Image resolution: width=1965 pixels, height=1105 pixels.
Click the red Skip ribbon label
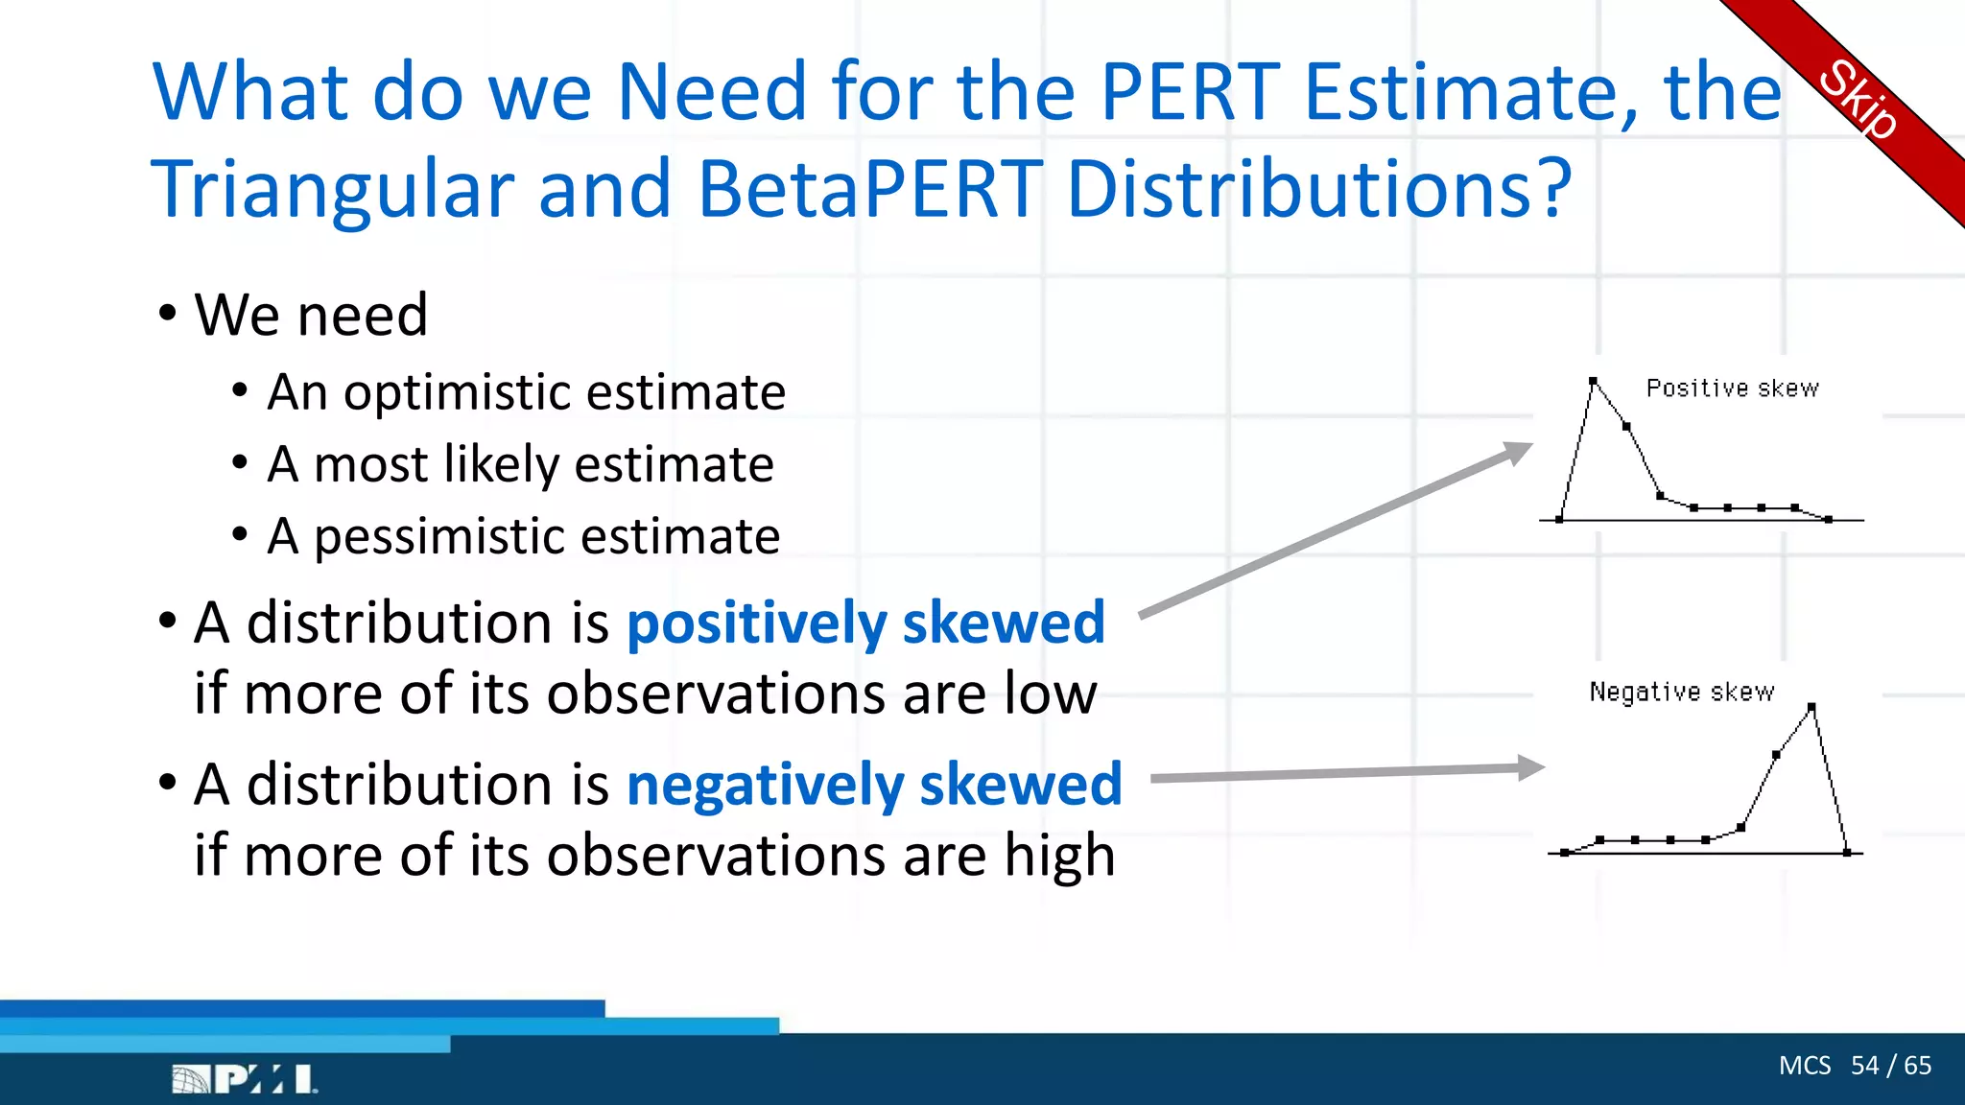[x=1858, y=100]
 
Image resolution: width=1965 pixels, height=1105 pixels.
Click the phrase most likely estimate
[x=543, y=465]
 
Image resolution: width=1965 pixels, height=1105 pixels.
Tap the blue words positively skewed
[x=865, y=623]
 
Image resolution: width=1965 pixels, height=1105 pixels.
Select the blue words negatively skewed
[x=874, y=786]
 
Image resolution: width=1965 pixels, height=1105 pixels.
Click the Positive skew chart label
[x=1732, y=388]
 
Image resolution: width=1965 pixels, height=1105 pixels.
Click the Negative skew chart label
[x=1681, y=692]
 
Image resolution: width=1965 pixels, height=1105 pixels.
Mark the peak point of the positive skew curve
[x=1593, y=382]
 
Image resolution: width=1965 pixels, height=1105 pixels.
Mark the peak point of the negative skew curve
[x=1811, y=708]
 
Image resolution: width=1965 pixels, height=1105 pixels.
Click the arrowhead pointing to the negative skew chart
[x=1531, y=767]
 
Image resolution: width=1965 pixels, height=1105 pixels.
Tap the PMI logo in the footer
[x=245, y=1079]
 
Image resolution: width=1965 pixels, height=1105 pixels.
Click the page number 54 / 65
[x=1891, y=1066]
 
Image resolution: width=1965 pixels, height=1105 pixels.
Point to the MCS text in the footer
[x=1805, y=1066]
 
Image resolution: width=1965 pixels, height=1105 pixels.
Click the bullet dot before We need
[x=168, y=314]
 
